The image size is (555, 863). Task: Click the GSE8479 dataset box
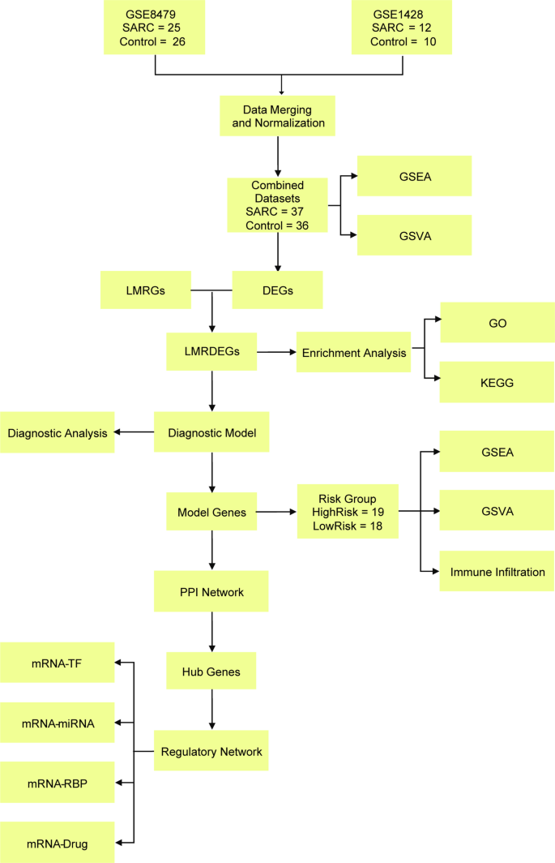coord(154,27)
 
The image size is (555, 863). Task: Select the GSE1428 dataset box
coord(401,27)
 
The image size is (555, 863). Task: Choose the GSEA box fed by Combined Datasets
coord(414,174)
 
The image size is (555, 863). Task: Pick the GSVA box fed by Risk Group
coord(497,512)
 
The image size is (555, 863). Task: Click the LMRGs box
coord(146,290)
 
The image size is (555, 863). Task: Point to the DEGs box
coord(278,290)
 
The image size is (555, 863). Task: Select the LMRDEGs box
coord(211,352)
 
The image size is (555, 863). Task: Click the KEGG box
coord(497,382)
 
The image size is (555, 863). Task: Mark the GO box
coord(497,322)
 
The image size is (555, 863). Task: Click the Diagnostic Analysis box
coord(58,433)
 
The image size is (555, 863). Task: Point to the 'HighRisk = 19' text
coord(347,512)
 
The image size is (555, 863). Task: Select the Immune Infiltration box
coord(497,573)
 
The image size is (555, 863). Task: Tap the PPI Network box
coord(211,591)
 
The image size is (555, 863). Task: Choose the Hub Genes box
coord(211,672)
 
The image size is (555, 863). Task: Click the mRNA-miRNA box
coord(58,722)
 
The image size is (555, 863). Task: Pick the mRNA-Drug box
coord(58,844)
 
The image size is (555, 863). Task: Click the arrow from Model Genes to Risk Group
coord(275,513)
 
